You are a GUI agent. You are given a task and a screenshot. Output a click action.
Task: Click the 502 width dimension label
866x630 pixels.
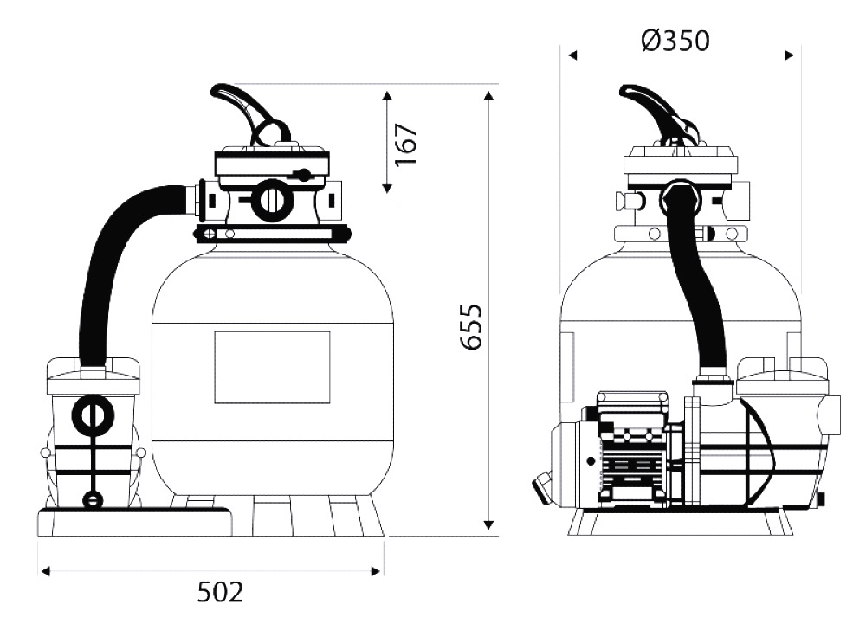click(x=220, y=593)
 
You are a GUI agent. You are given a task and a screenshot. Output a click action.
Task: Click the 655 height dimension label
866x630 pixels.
click(x=471, y=326)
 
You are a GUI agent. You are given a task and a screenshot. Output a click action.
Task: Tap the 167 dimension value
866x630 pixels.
click(x=406, y=145)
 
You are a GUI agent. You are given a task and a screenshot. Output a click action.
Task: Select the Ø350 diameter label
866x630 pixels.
click(x=675, y=41)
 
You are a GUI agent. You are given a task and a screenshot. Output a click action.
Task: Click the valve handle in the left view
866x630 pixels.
click(x=249, y=113)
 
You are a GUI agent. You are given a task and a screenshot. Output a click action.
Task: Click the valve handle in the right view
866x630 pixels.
click(x=658, y=113)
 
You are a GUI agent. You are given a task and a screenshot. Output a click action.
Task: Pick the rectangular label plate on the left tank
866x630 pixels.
click(x=272, y=368)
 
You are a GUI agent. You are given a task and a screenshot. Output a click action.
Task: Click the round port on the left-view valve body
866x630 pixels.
click(x=269, y=199)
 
